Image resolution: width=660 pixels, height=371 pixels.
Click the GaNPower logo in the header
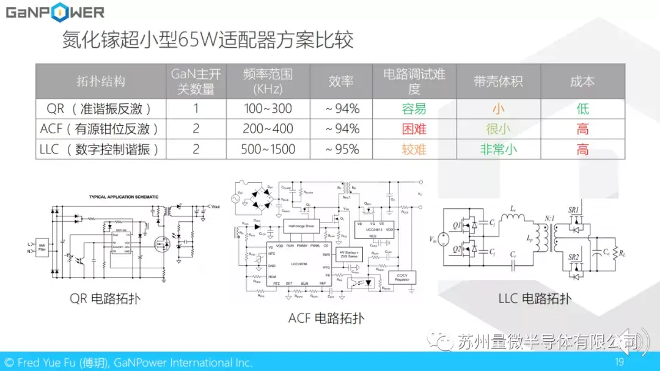[55, 12]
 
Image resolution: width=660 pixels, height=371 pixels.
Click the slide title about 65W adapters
[208, 40]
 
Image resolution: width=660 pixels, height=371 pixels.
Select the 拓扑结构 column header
[101, 81]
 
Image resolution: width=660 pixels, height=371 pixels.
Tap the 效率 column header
[342, 81]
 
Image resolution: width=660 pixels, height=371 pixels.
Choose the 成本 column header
[582, 81]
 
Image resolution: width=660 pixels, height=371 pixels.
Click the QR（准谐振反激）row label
[101, 109]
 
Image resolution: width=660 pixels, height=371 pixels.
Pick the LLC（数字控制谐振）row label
[101, 149]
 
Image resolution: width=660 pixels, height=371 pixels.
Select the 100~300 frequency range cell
[268, 109]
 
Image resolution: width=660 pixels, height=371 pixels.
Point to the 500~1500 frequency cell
[268, 149]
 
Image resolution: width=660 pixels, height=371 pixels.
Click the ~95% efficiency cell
[342, 149]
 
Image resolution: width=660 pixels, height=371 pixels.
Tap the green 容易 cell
[414, 109]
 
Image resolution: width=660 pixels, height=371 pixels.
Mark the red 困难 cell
[414, 129]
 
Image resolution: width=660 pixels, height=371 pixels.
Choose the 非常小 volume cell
[499, 149]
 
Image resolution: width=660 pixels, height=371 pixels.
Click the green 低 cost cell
[582, 109]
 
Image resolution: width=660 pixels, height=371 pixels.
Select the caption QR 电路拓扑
[105, 299]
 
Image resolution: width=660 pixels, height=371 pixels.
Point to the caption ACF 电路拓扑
[326, 318]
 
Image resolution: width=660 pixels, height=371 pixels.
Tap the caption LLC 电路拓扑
[535, 298]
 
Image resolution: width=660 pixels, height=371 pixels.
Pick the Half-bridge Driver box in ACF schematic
[301, 226]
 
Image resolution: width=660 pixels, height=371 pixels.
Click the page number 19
[619, 362]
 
